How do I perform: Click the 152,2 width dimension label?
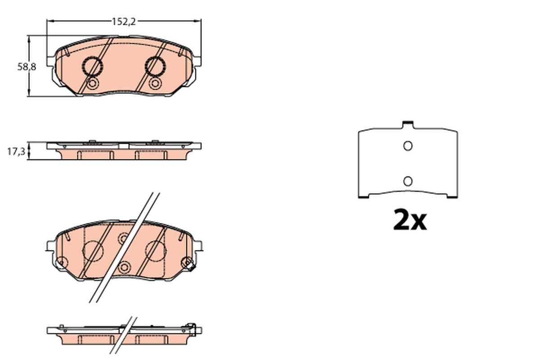point(124,21)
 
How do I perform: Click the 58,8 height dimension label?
point(27,67)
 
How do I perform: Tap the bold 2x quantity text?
point(409,220)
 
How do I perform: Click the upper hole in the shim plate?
point(408,146)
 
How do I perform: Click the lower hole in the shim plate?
point(408,181)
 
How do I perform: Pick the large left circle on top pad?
point(93,67)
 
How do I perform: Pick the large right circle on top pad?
point(156,67)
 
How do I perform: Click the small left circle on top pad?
point(92,84)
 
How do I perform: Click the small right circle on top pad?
point(155,84)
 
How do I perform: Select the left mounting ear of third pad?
point(50,246)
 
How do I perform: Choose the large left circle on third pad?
point(94,250)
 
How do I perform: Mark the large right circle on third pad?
point(156,250)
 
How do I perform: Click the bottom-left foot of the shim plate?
point(364,196)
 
